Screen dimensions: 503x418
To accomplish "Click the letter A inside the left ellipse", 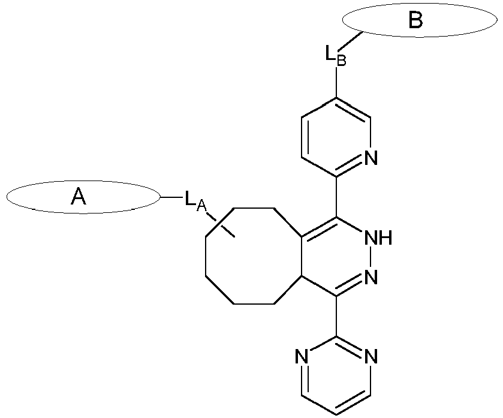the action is tap(78, 197).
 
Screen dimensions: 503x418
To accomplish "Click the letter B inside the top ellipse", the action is tap(415, 20).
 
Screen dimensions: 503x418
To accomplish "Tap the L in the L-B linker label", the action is tap(330, 53).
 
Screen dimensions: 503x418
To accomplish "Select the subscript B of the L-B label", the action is tap(341, 60).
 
